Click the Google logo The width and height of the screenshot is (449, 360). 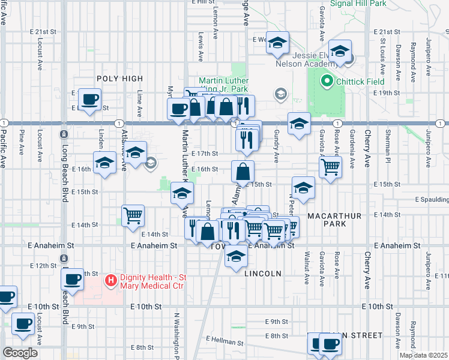click(20, 353)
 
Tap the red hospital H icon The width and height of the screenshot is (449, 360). click(110, 280)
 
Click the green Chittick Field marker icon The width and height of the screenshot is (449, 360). click(327, 80)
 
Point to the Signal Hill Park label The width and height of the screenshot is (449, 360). click(360, 3)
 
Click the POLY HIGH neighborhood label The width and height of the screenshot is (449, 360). click(120, 79)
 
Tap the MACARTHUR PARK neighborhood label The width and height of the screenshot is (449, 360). click(327, 219)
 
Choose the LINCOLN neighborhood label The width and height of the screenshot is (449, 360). click(263, 274)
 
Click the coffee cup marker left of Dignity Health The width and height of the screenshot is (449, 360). click(73, 279)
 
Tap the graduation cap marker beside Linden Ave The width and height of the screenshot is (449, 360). click(104, 163)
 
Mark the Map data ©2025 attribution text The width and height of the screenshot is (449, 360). click(423, 355)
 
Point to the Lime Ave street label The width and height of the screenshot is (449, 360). click(139, 103)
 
